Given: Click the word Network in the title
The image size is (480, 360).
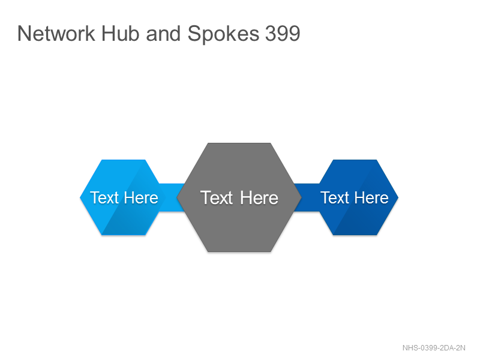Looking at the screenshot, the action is tap(56, 33).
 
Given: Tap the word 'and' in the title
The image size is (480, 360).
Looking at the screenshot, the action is tap(163, 33).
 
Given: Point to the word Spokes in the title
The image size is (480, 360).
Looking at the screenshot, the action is tap(223, 34).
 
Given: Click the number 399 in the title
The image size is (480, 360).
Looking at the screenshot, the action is tap(283, 33).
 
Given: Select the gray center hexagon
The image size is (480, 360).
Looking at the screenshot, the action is tap(239, 197).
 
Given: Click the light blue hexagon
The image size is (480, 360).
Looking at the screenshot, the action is tap(123, 197).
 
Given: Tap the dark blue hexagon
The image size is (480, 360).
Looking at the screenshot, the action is tap(355, 197).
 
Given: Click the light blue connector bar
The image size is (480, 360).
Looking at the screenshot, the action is tap(172, 197).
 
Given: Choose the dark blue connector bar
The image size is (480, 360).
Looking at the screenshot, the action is tap(306, 197).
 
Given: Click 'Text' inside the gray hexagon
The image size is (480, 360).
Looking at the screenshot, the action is tap(217, 198).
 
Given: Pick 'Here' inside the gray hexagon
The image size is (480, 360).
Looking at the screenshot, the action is tap(259, 198).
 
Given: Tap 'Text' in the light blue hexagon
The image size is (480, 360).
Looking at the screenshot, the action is tap(104, 198).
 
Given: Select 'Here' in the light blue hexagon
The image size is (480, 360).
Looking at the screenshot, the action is tap(141, 198).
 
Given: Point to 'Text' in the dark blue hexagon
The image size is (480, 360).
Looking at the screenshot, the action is tap(335, 198).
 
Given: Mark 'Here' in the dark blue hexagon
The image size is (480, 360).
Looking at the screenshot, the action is tap(371, 198).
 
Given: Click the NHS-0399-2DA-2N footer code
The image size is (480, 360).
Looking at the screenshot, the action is tap(434, 348).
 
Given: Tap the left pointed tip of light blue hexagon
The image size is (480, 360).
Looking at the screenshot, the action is tap(80, 197).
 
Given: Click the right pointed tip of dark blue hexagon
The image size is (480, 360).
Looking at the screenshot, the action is tap(398, 197).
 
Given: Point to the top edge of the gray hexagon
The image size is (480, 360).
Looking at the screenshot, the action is tap(239, 143).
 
